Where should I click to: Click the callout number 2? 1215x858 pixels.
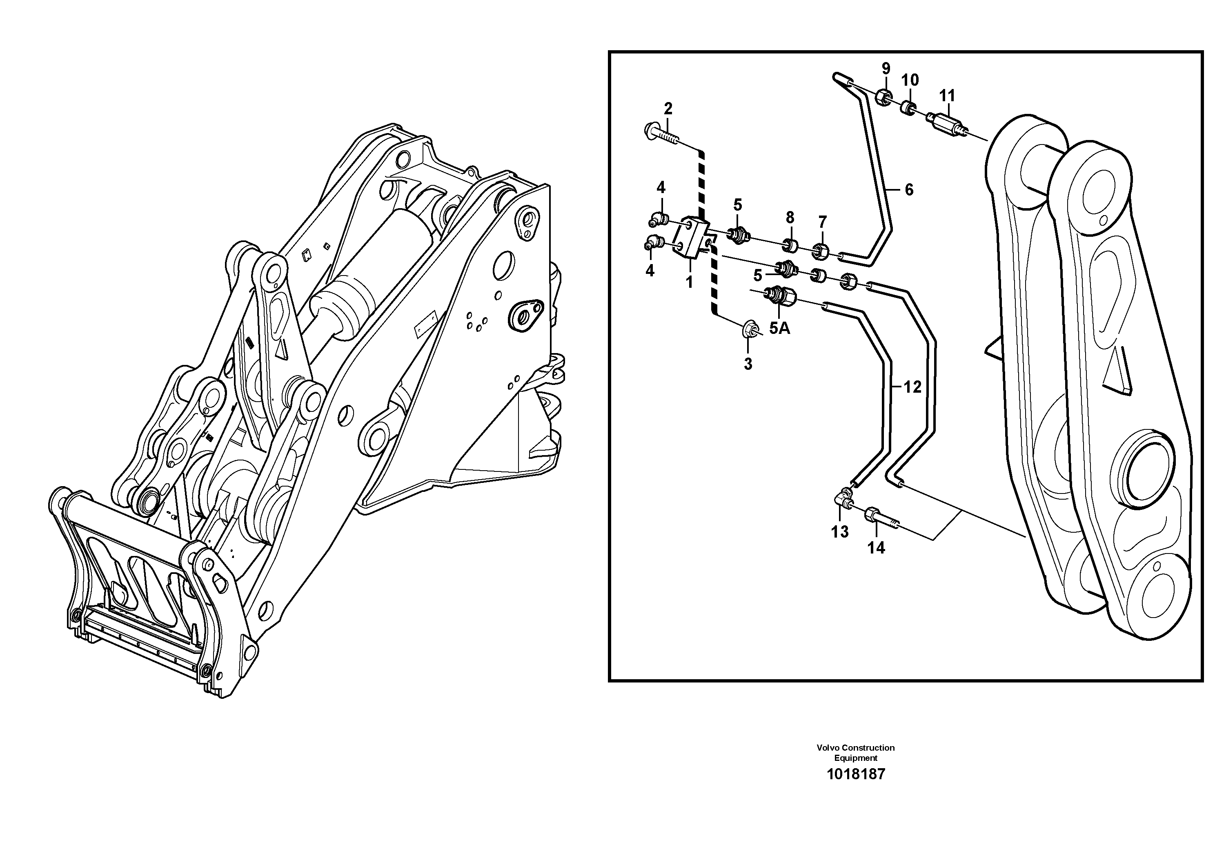pyautogui.click(x=668, y=109)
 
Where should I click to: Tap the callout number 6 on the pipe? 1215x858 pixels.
pyautogui.click(x=909, y=189)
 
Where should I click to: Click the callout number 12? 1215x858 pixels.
pyautogui.click(x=912, y=387)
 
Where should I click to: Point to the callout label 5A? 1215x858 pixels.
pyautogui.click(x=779, y=329)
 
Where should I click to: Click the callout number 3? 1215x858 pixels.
pyautogui.click(x=748, y=364)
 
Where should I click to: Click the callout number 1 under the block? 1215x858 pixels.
pyautogui.click(x=689, y=282)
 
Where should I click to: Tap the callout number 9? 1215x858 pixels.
pyautogui.click(x=886, y=68)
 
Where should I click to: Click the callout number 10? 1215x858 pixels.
pyautogui.click(x=910, y=80)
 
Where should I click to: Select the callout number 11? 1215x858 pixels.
pyautogui.click(x=947, y=96)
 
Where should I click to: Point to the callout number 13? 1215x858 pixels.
pyautogui.click(x=840, y=531)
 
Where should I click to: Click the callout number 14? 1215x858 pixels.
pyautogui.click(x=876, y=548)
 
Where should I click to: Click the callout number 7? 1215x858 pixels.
pyautogui.click(x=822, y=222)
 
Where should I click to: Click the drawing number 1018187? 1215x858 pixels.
pyautogui.click(x=856, y=774)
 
